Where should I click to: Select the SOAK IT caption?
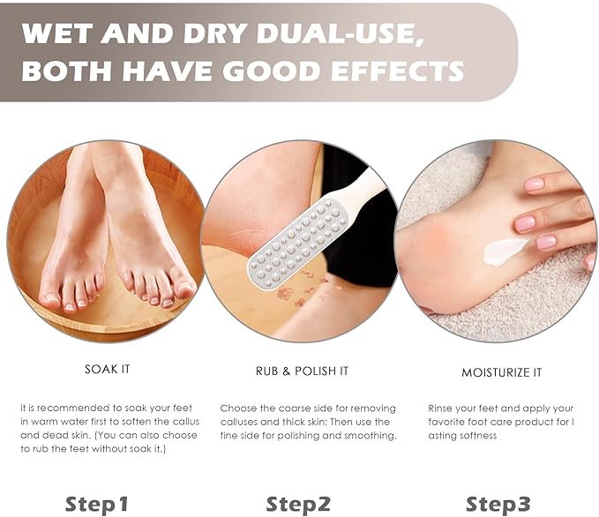point(108,369)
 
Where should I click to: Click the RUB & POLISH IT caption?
point(303,371)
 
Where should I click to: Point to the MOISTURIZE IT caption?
point(502,372)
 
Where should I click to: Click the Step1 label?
point(97,504)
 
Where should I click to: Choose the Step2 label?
point(298,504)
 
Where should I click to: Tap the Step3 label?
point(498,504)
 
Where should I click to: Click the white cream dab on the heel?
point(505,251)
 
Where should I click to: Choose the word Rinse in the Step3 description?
point(440,408)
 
